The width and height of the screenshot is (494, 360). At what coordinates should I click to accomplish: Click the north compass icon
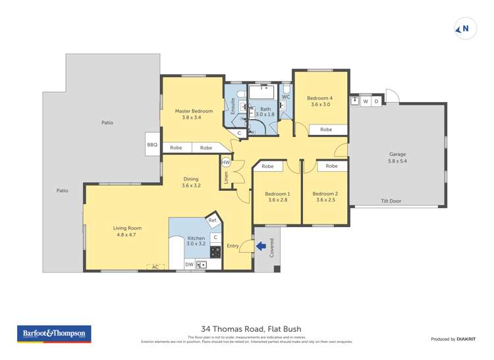pos(466,29)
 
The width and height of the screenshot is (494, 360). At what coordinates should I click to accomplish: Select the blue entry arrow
pos(261,246)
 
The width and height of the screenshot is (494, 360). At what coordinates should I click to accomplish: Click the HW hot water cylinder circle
pos(226,162)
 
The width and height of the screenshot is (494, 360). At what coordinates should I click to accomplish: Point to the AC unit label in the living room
pos(155,267)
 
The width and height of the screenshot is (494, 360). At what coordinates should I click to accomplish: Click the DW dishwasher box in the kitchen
pos(189,265)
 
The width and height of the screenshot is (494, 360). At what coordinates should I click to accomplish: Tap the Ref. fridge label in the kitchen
pos(213,220)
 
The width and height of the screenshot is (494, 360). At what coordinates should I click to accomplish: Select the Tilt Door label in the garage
pos(391,201)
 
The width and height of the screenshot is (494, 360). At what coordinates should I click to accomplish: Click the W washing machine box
pos(365,101)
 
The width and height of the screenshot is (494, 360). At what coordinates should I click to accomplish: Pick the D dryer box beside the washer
pos(377,101)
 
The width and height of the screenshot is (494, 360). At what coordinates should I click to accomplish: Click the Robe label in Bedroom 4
pos(326,130)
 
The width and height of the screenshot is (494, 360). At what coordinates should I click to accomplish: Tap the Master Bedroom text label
pos(194,111)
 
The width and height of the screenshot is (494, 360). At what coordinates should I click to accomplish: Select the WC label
pos(286,97)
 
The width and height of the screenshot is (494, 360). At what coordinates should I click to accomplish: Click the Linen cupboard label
pos(226,179)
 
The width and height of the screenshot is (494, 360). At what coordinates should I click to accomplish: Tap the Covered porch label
pos(271,248)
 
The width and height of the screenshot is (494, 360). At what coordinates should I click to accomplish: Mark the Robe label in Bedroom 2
pos(331,166)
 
